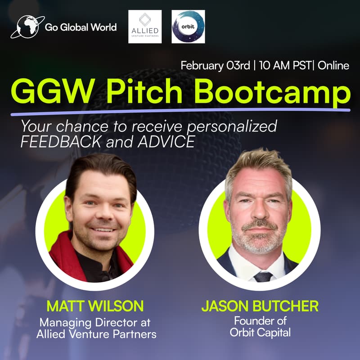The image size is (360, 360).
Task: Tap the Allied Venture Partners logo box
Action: [144, 27]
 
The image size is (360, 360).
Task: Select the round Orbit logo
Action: [188, 27]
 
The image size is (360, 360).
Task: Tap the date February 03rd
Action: [215, 65]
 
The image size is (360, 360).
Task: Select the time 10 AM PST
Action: [285, 65]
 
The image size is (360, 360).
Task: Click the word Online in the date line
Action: [333, 65]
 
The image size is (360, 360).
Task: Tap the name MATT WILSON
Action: [95, 306]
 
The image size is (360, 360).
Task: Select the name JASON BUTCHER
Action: [260, 306]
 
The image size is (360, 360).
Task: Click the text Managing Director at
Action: [95, 322]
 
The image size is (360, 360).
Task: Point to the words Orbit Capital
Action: [260, 333]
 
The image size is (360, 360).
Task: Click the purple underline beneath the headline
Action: [180, 111]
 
